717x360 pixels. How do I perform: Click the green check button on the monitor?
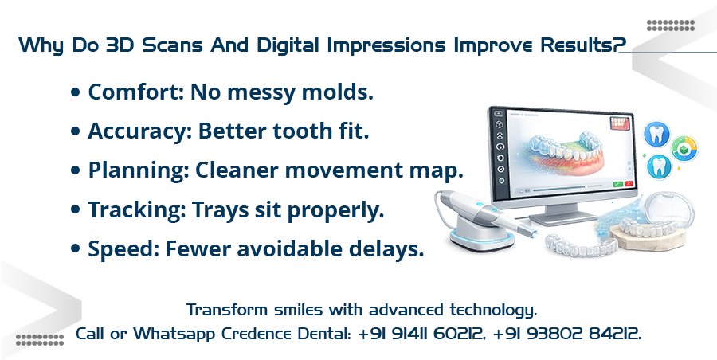(617, 184)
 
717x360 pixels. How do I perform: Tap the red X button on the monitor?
(629, 184)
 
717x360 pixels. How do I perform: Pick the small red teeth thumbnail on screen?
(620, 123)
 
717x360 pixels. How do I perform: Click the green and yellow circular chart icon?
(684, 148)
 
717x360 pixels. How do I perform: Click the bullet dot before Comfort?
(76, 93)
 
